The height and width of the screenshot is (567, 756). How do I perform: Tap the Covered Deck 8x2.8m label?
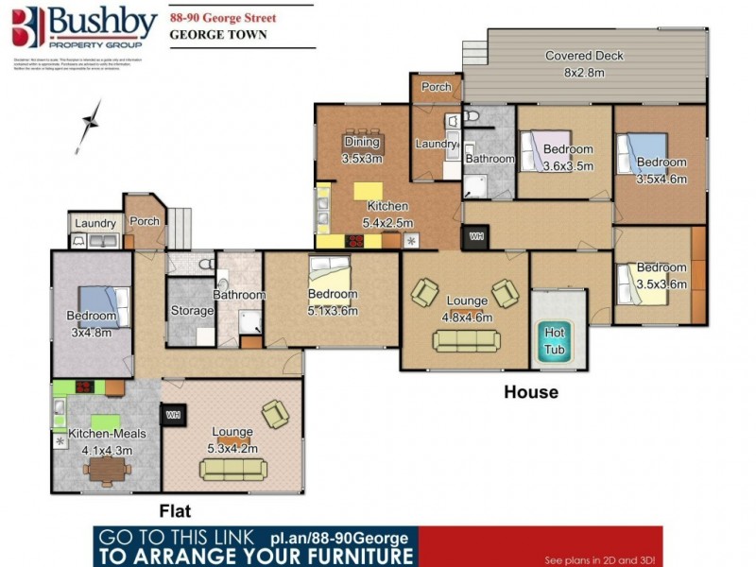click(x=583, y=63)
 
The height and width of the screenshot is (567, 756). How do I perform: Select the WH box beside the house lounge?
click(x=474, y=236)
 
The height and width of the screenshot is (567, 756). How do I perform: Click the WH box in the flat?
click(x=173, y=414)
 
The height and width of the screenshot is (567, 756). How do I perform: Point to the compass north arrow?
click(x=91, y=126)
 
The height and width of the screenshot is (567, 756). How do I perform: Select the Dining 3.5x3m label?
click(x=361, y=150)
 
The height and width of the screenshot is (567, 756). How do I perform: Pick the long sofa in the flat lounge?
click(x=233, y=468)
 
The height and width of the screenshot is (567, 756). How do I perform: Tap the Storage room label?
click(x=192, y=310)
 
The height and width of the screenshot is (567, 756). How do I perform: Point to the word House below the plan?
click(x=530, y=391)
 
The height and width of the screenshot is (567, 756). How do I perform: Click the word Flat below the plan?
click(x=175, y=510)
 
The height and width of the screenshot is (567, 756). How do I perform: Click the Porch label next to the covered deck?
click(x=436, y=87)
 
